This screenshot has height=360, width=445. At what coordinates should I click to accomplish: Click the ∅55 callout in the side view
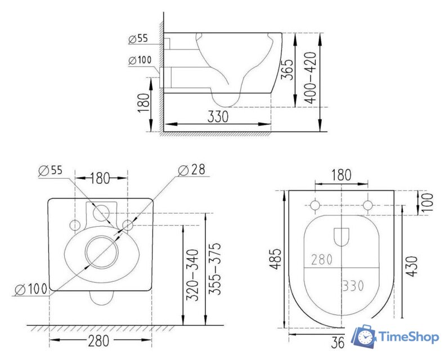coord(138,39)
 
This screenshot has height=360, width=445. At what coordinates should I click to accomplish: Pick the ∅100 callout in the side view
coord(140,60)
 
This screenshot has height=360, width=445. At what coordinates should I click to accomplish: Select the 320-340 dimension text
coord(192,275)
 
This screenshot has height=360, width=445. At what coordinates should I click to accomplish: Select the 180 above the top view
coord(340,175)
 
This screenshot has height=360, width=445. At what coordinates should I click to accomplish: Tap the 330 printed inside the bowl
coord(353,285)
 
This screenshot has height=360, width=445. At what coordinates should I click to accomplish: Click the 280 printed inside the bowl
coord(322,259)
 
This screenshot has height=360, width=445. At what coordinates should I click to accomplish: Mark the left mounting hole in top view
coord(316,204)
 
